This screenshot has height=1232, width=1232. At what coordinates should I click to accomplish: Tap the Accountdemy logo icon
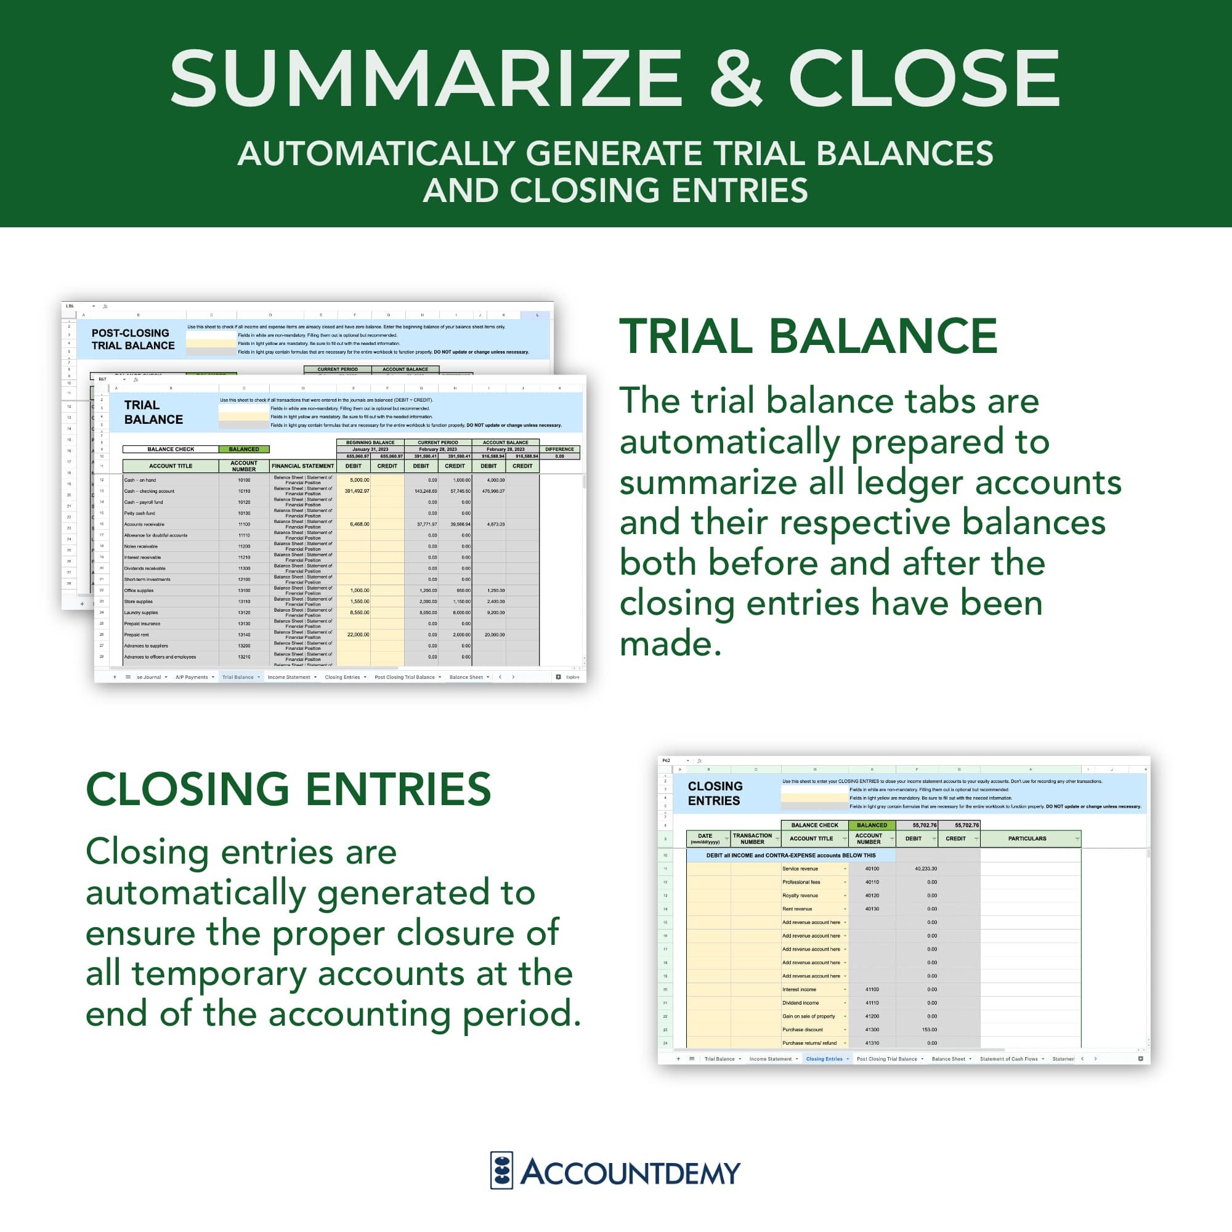tap(501, 1171)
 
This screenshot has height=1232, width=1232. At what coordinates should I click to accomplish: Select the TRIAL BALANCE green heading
tap(808, 336)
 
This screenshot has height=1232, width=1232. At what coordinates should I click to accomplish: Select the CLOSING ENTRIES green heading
tap(288, 790)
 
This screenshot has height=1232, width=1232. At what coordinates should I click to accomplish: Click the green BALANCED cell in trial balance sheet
tap(243, 449)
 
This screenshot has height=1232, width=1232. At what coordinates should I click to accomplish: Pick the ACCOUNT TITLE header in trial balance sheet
tap(170, 466)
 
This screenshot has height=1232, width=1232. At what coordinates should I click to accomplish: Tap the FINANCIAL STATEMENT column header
tap(302, 466)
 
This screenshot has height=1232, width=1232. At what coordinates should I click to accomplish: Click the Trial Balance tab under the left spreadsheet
tap(238, 677)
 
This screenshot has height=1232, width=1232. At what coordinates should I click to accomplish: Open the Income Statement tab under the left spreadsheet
tap(289, 677)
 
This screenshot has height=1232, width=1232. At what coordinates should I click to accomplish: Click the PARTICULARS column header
tap(1027, 838)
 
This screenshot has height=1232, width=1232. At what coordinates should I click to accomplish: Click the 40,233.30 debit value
tap(925, 869)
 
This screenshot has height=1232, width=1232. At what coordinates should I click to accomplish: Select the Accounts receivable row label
tap(144, 524)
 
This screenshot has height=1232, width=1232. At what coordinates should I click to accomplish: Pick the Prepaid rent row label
tap(137, 634)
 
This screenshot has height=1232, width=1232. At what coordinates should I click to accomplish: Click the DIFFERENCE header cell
tap(559, 449)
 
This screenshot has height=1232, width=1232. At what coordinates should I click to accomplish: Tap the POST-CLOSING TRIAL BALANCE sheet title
tap(132, 339)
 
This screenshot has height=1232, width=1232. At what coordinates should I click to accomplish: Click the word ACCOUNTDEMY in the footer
tap(630, 1172)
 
